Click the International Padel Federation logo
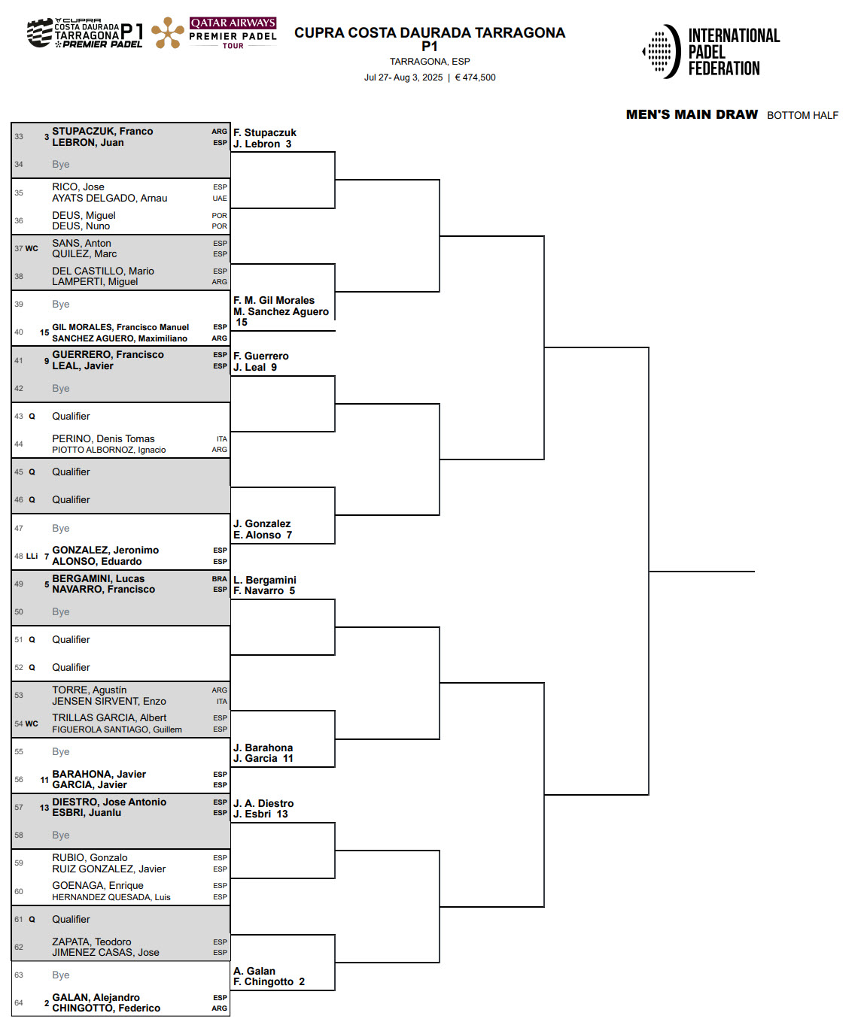(x=711, y=52)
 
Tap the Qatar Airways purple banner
(x=233, y=23)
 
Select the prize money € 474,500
(x=475, y=77)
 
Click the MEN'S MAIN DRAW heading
(x=692, y=115)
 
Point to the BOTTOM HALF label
(x=802, y=115)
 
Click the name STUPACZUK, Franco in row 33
(x=102, y=131)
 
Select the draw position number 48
(x=19, y=556)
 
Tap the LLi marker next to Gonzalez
(x=32, y=556)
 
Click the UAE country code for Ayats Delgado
(x=220, y=199)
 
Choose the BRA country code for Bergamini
(x=220, y=579)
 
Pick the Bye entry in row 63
(x=61, y=975)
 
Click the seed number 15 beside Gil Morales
(x=44, y=332)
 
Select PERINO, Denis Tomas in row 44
(x=104, y=438)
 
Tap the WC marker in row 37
(x=32, y=248)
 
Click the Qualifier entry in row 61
(x=71, y=919)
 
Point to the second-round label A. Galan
(x=254, y=971)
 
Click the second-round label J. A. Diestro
(x=263, y=803)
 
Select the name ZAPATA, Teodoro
(x=92, y=942)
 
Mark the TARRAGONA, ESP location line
(x=430, y=62)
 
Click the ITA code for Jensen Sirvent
(x=222, y=702)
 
